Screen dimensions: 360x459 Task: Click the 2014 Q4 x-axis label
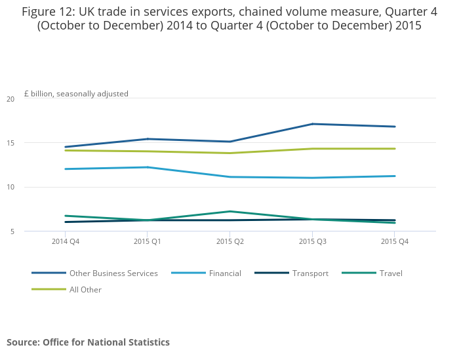point(66,242)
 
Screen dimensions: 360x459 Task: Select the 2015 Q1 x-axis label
point(148,242)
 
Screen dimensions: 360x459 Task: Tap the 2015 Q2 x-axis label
point(230,242)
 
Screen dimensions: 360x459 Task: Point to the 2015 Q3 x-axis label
point(312,242)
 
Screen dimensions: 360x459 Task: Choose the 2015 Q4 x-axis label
point(395,242)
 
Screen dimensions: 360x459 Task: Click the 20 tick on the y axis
point(10,99)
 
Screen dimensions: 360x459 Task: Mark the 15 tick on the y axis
point(10,143)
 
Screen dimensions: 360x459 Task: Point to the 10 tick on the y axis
point(10,187)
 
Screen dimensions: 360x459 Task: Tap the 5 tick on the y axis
point(12,231)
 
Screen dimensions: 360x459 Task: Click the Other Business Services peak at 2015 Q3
point(313,124)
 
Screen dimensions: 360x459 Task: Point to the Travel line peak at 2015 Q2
point(230,211)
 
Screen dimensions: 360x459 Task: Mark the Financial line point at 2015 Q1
point(148,167)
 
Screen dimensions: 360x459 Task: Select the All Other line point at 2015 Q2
point(230,153)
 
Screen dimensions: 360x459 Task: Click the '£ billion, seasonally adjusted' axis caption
point(76,94)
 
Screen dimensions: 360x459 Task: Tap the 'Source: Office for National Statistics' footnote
point(88,342)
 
